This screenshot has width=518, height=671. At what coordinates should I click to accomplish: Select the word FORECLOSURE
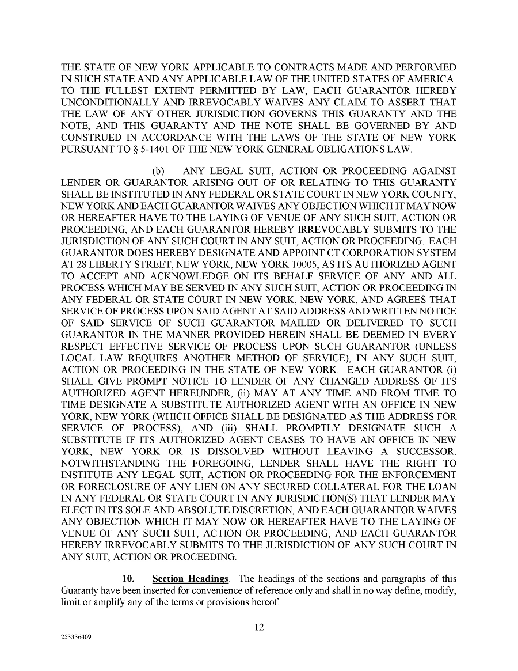coord(109,487)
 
